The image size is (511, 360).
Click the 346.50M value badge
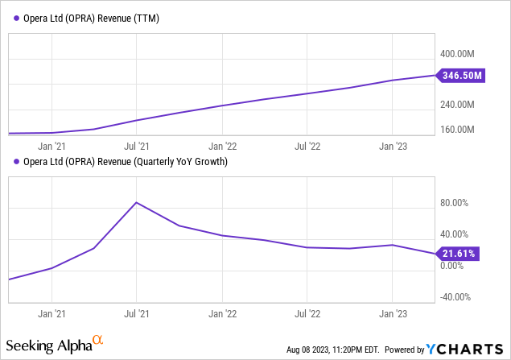[x=461, y=76]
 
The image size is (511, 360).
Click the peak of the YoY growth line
[x=137, y=202]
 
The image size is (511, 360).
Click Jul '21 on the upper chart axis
[x=137, y=147]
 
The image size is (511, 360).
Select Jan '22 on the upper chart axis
[x=222, y=147]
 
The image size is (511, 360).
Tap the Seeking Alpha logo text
[x=49, y=346]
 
